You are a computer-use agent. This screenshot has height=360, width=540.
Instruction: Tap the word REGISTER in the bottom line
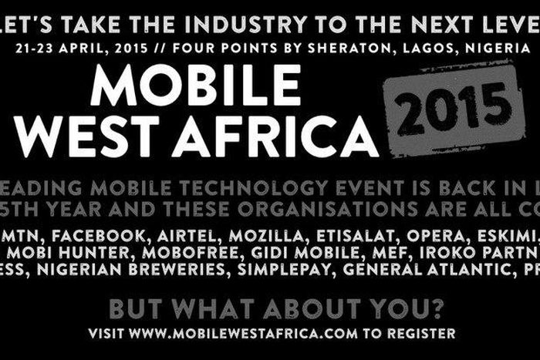coord(424,334)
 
